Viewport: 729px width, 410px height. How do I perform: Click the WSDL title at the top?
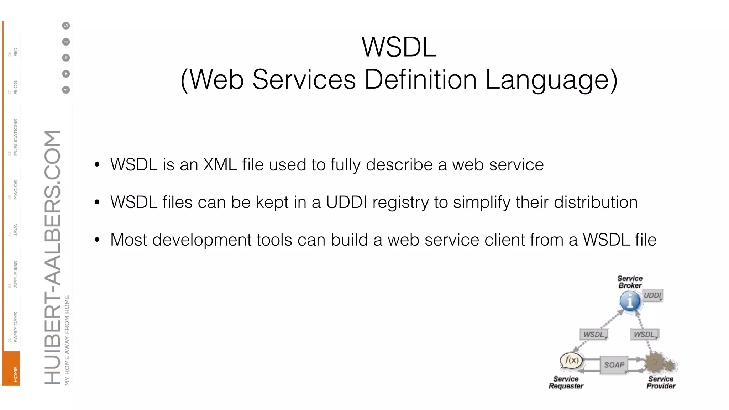click(x=399, y=47)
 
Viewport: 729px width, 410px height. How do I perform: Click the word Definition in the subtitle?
click(x=420, y=79)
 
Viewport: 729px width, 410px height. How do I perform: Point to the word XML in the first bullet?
click(x=220, y=165)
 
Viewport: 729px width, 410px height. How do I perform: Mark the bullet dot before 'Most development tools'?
click(x=97, y=240)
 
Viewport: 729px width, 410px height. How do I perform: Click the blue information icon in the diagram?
click(x=630, y=301)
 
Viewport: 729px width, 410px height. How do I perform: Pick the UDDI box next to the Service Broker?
click(x=652, y=295)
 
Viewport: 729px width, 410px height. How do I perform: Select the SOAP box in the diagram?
click(x=614, y=365)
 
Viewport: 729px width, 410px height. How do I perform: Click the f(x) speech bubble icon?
click(x=572, y=361)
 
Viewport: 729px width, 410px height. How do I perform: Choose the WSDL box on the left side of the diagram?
click(x=594, y=335)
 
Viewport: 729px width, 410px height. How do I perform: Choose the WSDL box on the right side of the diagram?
click(x=644, y=335)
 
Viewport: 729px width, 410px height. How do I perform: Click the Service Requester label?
click(x=566, y=383)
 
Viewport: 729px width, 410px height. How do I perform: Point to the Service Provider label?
click(x=661, y=383)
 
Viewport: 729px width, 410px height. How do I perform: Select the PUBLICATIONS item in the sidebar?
click(x=15, y=137)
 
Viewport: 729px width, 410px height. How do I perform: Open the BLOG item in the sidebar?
click(x=15, y=87)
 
